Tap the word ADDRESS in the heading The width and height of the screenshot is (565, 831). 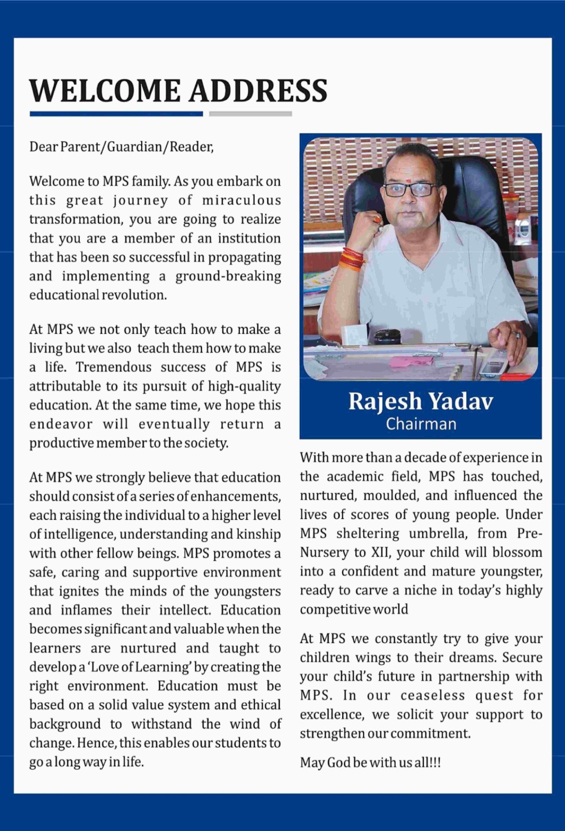(x=258, y=91)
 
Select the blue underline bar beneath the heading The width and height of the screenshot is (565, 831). (x=116, y=114)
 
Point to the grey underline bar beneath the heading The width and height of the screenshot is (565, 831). (x=250, y=114)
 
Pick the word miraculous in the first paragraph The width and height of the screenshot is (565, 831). (x=241, y=200)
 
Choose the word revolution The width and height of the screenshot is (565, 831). (x=134, y=295)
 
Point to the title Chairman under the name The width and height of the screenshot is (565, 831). (x=421, y=424)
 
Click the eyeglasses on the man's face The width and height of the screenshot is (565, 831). (x=410, y=189)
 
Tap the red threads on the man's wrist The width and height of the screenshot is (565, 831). (x=352, y=259)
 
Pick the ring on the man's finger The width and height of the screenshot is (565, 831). (x=515, y=334)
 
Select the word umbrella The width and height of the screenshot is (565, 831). (x=438, y=534)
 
